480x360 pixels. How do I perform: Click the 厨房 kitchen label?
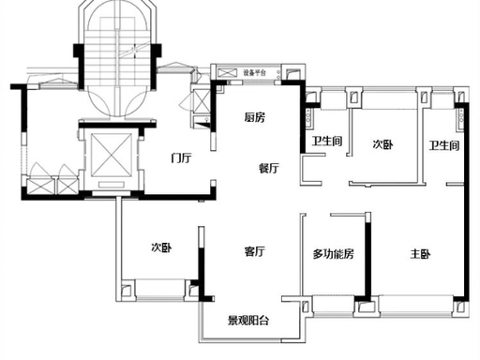[255, 117]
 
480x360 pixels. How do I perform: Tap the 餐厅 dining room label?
[269, 168]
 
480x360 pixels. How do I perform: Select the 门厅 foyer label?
[181, 157]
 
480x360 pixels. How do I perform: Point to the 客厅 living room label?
[255, 251]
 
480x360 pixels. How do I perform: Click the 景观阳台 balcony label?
[248, 321]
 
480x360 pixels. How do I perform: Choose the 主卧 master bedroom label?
[420, 254]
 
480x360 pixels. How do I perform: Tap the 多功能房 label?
[333, 254]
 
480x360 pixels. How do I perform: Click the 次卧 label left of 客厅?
[161, 247]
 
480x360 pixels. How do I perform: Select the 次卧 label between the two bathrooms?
[382, 144]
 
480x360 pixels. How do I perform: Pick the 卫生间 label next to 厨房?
[327, 142]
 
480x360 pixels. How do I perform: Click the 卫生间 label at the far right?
[444, 145]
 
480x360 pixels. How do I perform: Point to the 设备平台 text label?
[255, 73]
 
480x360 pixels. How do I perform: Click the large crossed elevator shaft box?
[111, 156]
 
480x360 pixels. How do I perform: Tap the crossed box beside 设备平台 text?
[225, 73]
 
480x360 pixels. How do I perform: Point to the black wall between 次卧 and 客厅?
[202, 272]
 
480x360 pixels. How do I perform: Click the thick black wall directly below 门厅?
[176, 197]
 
